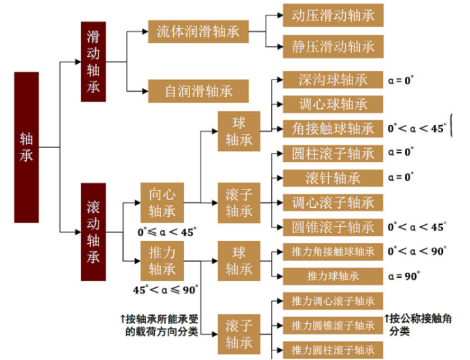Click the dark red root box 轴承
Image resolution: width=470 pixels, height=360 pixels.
pos(26,147)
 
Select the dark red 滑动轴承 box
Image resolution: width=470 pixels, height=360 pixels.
pos(93,61)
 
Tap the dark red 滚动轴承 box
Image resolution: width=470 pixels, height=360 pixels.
pos(93,232)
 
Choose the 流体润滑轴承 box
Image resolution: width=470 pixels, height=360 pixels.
pos(198,31)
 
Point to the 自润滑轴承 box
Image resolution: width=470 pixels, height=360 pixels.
pos(198,91)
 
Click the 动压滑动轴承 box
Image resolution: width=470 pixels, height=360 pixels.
pos(333,16)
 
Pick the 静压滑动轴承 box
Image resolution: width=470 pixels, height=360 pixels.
pos(333,46)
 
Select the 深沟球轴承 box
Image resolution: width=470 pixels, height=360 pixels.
pos(333,79)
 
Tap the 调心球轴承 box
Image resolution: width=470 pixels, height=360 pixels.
pos(333,105)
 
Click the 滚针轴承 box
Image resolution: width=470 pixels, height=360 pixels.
pos(333,178)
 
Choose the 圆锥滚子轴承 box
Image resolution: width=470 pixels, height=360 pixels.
pos(333,228)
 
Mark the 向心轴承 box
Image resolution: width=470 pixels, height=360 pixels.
pos(162,202)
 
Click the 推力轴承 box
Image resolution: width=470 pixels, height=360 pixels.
pos(162,261)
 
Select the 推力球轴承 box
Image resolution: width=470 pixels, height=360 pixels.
pos(333,276)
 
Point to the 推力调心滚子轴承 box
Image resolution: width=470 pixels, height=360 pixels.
pos(333,301)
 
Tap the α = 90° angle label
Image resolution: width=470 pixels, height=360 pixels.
pos(403,276)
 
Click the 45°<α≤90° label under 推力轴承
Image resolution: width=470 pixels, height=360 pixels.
pos(166,290)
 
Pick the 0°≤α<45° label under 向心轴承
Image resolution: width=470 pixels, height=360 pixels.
pos(167,232)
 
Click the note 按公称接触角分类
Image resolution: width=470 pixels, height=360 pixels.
pos(418,325)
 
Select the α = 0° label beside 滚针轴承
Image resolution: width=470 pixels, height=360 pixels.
pos(401,177)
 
